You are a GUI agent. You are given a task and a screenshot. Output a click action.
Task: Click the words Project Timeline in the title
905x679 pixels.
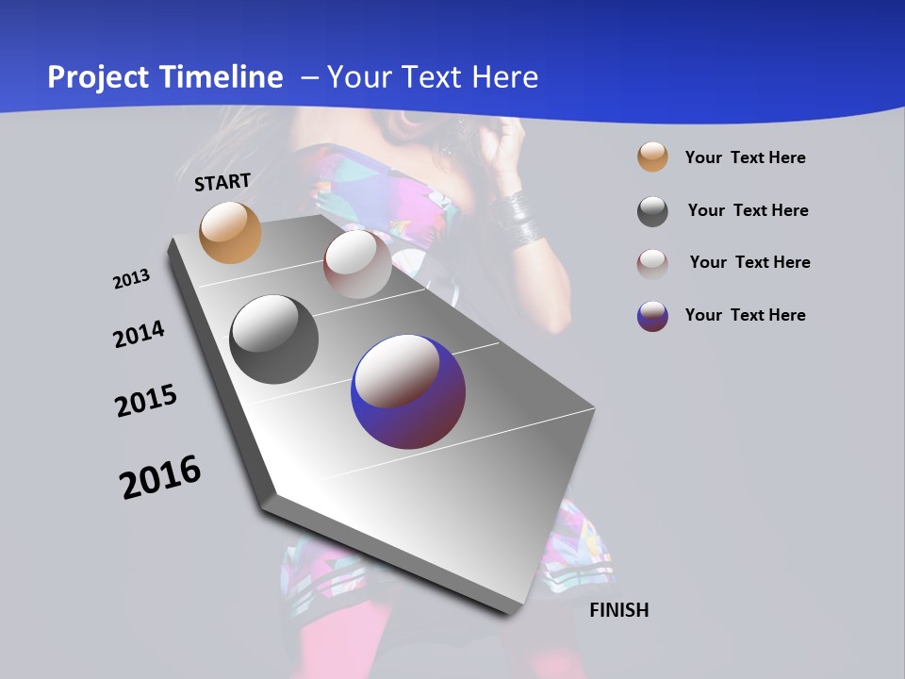[x=165, y=77]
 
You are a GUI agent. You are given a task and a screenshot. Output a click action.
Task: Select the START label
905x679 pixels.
[x=222, y=182]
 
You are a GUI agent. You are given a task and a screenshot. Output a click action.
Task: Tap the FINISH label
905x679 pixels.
[x=618, y=610]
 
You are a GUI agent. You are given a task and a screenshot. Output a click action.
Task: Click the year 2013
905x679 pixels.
[x=131, y=279]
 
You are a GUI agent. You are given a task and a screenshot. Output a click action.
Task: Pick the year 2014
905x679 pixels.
[x=139, y=335]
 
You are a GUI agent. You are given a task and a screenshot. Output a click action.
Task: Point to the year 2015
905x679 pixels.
[x=146, y=401]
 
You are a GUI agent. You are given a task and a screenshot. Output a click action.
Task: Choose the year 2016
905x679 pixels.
[x=160, y=477]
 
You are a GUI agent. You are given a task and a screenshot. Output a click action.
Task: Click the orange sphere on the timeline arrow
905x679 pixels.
[x=230, y=232]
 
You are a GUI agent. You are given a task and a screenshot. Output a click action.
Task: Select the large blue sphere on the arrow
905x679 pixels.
[x=408, y=391]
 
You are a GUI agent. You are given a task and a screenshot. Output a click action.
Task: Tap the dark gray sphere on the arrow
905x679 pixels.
[x=273, y=339]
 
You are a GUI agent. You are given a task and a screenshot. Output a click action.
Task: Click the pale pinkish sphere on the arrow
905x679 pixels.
[x=357, y=264]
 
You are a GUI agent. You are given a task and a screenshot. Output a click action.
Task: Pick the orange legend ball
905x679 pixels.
[x=652, y=157]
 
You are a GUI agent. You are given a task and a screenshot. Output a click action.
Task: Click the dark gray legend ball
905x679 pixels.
[x=652, y=211]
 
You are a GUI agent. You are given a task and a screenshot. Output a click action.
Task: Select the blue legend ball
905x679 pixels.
[x=652, y=316]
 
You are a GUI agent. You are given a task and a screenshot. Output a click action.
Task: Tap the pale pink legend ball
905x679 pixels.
[x=652, y=263]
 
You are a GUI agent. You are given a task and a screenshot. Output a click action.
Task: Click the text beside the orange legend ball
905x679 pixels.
[x=745, y=157]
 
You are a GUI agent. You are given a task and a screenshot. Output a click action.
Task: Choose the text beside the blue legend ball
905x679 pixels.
[x=745, y=315]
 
